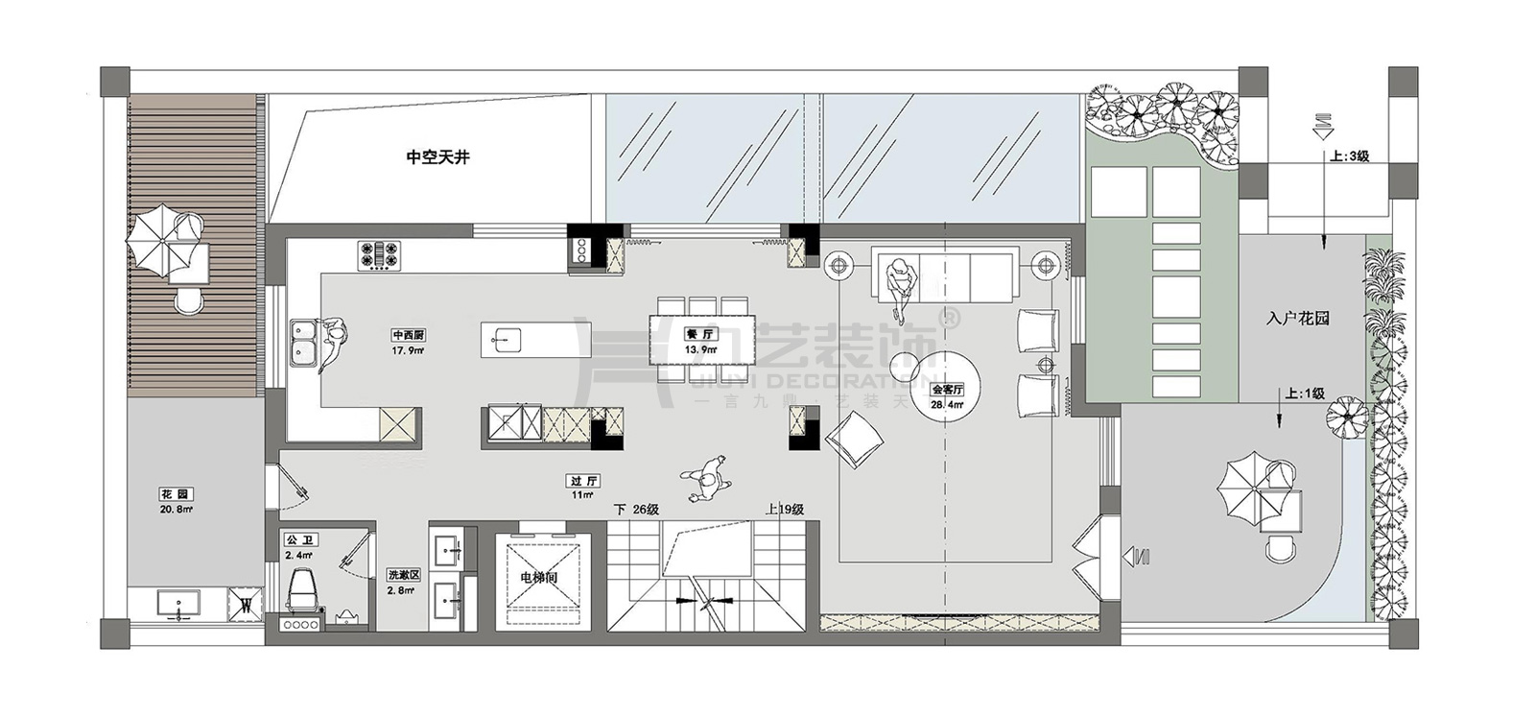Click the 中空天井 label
point(437,156)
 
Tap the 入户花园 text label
point(1297,319)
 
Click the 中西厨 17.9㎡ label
point(408,343)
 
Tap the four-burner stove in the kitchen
point(381,253)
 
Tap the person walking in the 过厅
point(708,477)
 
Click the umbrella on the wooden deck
point(153,238)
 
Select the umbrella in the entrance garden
point(1244,487)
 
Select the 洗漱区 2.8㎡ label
point(401,582)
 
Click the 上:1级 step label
point(1305,394)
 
